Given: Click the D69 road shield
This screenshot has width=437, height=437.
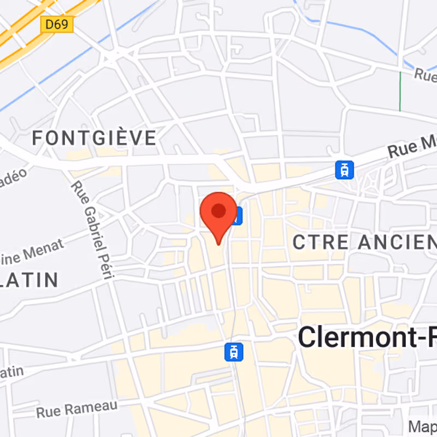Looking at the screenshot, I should click(57, 23).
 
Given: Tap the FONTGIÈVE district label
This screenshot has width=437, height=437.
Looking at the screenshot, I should click(94, 138).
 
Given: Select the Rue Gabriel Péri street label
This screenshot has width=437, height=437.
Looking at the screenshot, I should click(92, 230).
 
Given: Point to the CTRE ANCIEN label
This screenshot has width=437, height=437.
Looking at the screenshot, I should click(364, 242).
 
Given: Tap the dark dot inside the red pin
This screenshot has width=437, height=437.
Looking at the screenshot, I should click(218, 210).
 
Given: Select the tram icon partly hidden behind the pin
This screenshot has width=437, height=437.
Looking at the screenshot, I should click(237, 217).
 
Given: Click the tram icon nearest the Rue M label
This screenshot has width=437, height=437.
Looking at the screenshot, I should click(344, 169).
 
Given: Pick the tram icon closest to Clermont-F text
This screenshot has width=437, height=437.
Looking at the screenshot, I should click(234, 351).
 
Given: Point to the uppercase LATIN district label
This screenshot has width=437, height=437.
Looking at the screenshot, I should click(29, 280).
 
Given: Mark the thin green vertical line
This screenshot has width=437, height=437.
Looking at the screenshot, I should click(400, 91).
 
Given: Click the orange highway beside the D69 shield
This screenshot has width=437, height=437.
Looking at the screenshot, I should click(22, 38).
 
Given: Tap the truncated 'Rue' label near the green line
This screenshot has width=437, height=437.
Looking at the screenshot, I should click(425, 75).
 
